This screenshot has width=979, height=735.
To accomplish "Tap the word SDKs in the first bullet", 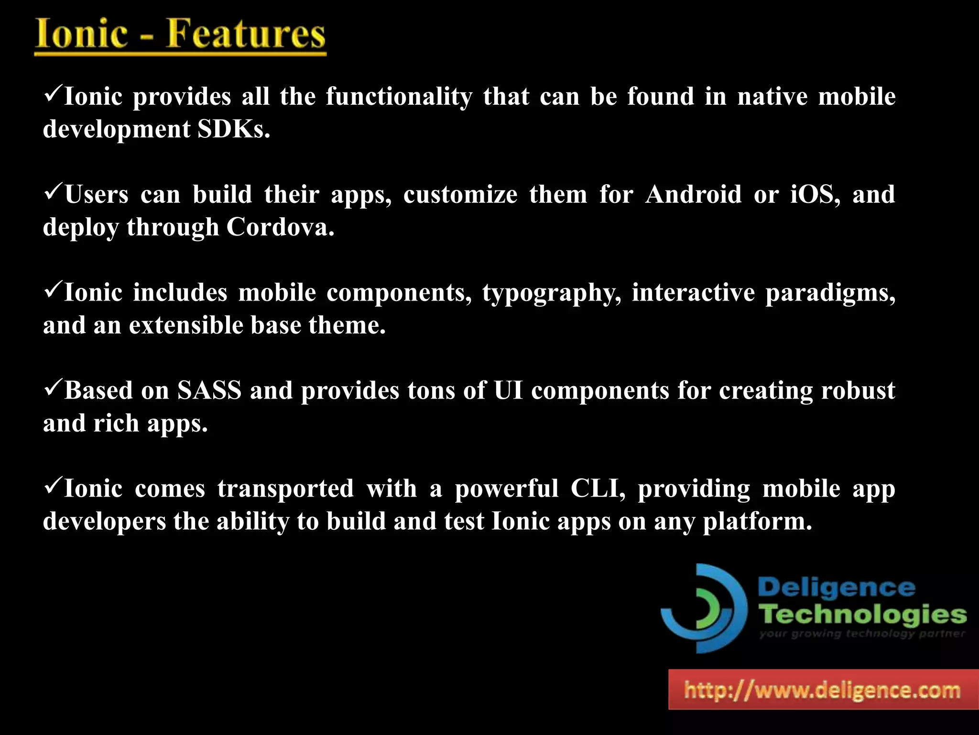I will click(x=234, y=129).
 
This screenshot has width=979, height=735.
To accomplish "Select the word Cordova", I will click(x=280, y=227).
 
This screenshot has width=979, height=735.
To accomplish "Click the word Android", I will click(x=693, y=194).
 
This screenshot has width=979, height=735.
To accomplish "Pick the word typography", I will click(x=552, y=293).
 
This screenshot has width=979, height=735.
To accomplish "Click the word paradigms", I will click(x=830, y=293).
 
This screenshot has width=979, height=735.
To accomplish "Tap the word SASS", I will click(x=209, y=390).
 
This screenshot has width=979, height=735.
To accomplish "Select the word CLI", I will click(x=598, y=489).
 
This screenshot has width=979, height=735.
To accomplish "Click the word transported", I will click(x=285, y=489).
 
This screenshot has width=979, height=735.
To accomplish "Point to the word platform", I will click(x=757, y=522).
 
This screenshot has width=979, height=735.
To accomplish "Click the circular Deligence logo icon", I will click(x=704, y=608).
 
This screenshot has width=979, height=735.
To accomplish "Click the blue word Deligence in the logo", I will click(x=837, y=588).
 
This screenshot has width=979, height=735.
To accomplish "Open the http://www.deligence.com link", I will click(x=822, y=690).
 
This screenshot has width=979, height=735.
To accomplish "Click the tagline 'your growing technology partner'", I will click(x=862, y=634).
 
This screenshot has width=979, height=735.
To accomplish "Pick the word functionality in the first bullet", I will click(x=399, y=97).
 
